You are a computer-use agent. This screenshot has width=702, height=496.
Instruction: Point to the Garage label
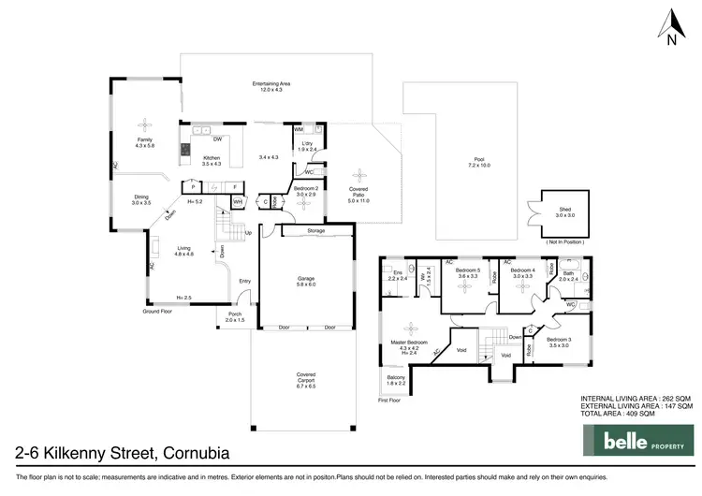click(x=305, y=279)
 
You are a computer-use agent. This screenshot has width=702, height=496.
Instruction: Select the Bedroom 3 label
click(x=559, y=343)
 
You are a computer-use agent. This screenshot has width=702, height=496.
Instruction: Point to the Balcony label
click(x=396, y=380)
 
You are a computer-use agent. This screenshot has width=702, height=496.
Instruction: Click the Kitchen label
click(x=212, y=160)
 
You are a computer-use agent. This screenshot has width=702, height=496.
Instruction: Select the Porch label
click(x=235, y=316)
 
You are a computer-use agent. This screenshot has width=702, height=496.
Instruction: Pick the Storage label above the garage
click(x=315, y=229)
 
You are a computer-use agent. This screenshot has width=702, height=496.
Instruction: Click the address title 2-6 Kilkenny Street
click(x=121, y=453)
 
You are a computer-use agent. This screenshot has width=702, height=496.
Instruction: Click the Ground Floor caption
click(x=158, y=310)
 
